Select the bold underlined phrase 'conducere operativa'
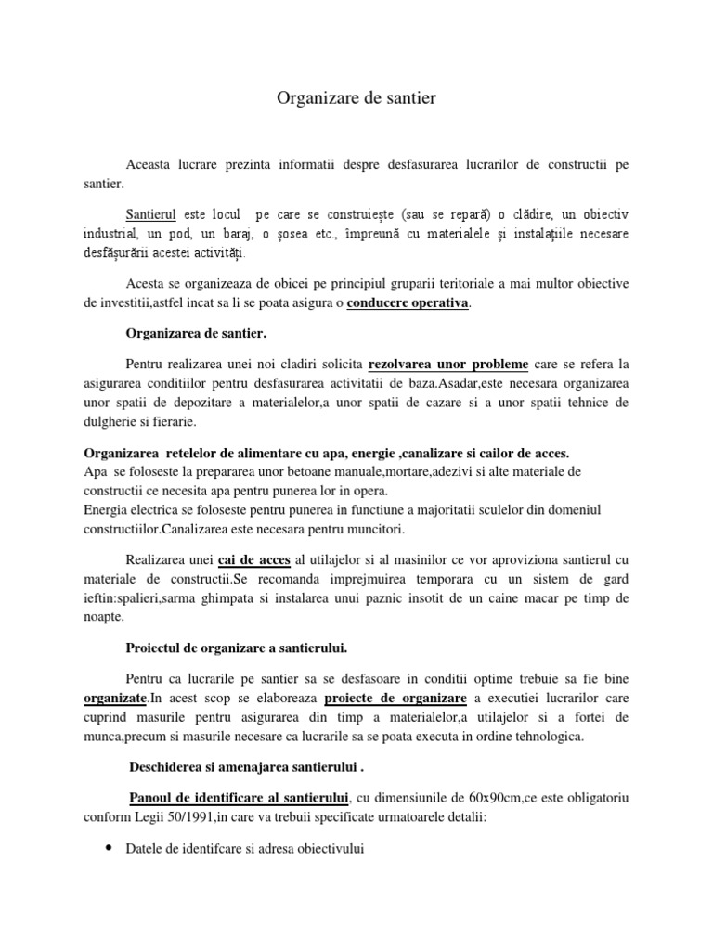pos(408,303)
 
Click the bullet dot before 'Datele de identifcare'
pos(110,848)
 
